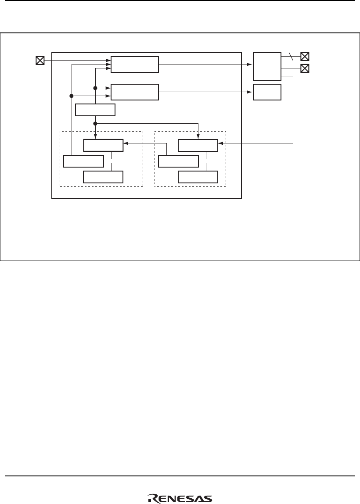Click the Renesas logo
point(180,498)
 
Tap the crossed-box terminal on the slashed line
point(305,56)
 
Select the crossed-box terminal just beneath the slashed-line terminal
point(305,68)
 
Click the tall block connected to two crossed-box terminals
point(267,66)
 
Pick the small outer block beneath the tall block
point(267,92)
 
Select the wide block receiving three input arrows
point(134,64)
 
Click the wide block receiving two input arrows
point(134,92)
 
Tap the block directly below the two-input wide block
point(95,110)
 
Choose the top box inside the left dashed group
point(103,145)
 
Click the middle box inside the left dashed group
point(83,161)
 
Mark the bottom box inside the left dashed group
point(103,177)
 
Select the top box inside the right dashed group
point(198,145)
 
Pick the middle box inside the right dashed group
point(178,161)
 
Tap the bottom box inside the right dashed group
point(198,177)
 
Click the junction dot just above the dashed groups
point(95,123)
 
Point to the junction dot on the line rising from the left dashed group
point(71,95)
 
